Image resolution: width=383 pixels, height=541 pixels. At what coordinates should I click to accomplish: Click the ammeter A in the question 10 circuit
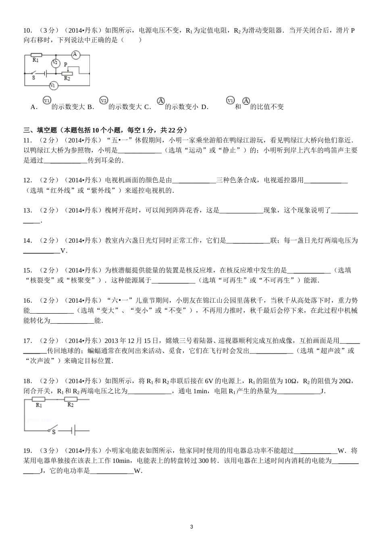[75, 54]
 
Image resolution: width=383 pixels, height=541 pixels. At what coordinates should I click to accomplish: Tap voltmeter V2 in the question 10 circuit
[55, 63]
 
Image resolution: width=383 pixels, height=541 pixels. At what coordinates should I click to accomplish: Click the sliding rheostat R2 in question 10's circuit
[67, 74]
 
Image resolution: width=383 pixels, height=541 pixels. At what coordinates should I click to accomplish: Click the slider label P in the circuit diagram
[66, 64]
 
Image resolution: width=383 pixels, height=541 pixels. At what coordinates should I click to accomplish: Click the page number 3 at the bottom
[191, 527]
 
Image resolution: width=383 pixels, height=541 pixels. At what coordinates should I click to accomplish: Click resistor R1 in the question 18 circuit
[39, 399]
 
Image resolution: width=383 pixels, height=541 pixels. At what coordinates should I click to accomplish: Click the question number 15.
[27, 270]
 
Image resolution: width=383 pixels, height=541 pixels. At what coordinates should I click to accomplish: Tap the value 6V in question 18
[209, 381]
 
